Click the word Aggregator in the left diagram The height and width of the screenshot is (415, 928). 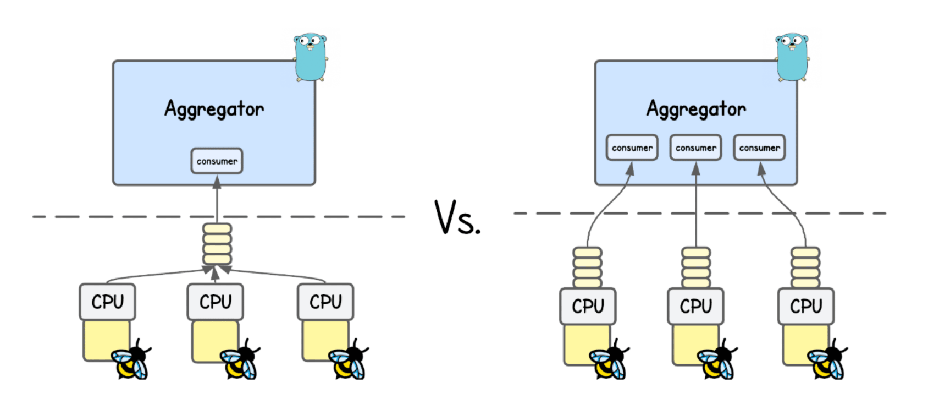pos(214,110)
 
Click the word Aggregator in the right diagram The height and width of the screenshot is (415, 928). pos(696,110)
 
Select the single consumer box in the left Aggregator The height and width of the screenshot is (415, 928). pos(217,161)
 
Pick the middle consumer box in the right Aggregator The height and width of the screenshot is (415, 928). pos(695,148)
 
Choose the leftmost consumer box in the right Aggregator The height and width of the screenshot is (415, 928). pos(632,148)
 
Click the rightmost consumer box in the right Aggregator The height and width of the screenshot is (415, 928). pos(759,148)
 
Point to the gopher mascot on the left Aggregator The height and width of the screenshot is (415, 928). pos(311,57)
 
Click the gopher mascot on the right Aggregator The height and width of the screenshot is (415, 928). pos(792,57)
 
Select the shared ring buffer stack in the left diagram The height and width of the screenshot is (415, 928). pos(217,244)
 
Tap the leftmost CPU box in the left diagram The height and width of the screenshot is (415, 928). pos(107,302)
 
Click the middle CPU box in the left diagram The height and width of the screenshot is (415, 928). pos(216,302)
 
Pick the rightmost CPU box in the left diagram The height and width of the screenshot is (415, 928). pos(325,302)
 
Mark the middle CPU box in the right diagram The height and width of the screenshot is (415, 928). pos(696,306)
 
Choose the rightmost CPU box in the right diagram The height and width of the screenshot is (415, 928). pos(806,306)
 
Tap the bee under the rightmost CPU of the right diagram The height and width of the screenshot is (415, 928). pos(827,361)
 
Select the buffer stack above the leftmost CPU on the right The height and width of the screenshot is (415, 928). pos(587,267)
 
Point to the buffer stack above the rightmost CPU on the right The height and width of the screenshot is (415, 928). pos(805,267)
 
